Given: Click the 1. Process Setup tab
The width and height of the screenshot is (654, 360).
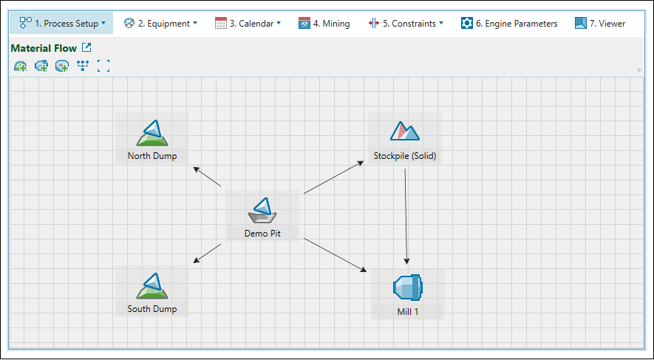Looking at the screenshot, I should point(62,23).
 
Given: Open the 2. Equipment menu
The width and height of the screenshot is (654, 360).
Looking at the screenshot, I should point(160,23).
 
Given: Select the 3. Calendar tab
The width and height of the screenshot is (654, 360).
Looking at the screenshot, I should point(248,23).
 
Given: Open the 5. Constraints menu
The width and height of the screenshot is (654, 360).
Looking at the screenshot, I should point(406,23).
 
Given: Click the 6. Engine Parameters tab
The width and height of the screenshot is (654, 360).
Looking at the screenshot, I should point(509,23).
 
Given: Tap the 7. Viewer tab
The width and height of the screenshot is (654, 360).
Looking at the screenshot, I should point(600,23).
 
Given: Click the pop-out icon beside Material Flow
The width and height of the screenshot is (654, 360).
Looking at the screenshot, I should point(86,48).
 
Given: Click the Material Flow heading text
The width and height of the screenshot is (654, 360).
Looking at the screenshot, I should point(44,49).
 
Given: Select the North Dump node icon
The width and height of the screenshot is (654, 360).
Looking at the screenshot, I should point(152,133).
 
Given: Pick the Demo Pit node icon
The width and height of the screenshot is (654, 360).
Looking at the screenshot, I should point(262,210).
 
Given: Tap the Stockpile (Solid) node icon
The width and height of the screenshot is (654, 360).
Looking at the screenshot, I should point(404,132).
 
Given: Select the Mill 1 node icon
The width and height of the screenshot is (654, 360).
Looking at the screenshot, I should point(407,287).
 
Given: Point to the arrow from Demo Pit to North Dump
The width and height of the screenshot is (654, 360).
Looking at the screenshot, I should point(208,177).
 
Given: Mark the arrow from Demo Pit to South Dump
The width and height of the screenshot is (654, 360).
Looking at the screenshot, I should point(207,253).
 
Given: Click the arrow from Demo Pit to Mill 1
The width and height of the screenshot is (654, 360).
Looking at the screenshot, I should point(335,255).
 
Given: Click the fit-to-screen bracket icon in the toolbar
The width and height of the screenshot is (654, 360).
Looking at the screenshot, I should point(103,67).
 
